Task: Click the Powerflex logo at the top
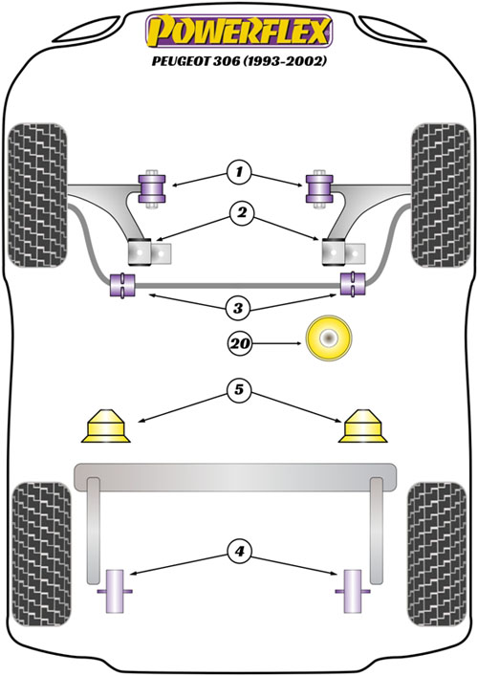click(x=239, y=31)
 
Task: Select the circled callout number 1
click(x=239, y=173)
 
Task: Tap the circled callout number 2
click(x=242, y=212)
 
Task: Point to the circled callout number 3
click(x=238, y=308)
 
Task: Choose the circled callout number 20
click(x=240, y=343)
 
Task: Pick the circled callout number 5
click(x=239, y=390)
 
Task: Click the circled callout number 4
click(x=239, y=551)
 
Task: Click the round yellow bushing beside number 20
click(x=329, y=338)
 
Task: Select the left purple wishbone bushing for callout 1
click(x=152, y=188)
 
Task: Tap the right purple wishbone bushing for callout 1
click(x=319, y=188)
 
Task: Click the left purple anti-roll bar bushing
click(x=122, y=285)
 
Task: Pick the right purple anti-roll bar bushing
click(x=353, y=283)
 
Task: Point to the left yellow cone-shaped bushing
click(x=105, y=425)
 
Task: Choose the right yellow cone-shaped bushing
click(x=363, y=425)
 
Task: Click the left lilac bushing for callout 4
click(x=115, y=591)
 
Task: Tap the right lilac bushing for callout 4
click(x=353, y=591)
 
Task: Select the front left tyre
click(x=38, y=195)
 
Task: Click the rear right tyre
click(x=437, y=554)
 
